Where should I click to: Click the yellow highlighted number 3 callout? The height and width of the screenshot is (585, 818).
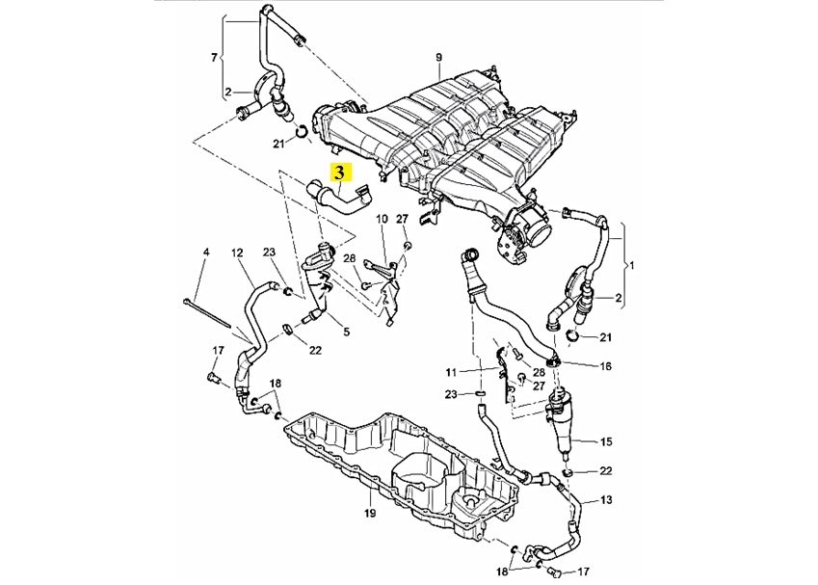pyautogui.click(x=341, y=173)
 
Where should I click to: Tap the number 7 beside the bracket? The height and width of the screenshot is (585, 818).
pyautogui.click(x=214, y=58)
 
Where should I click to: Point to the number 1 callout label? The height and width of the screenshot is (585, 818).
pyautogui.click(x=632, y=263)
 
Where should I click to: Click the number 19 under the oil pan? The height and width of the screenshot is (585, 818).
pyautogui.click(x=369, y=513)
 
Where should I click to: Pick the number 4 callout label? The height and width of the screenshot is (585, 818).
pyautogui.click(x=205, y=253)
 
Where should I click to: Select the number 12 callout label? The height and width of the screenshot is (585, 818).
pyautogui.click(x=236, y=253)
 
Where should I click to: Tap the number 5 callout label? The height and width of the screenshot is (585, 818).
pyautogui.click(x=346, y=332)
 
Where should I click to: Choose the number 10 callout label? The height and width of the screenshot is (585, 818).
pyautogui.click(x=381, y=219)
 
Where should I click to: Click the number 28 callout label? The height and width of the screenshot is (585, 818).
pyautogui.click(x=350, y=258)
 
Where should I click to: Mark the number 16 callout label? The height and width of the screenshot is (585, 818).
pyautogui.click(x=606, y=366)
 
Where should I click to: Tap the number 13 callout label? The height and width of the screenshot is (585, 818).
pyautogui.click(x=606, y=501)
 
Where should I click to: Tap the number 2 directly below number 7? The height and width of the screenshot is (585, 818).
pyautogui.click(x=227, y=93)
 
